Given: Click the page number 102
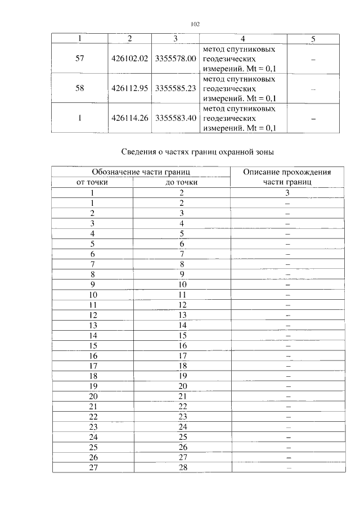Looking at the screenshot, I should tap(195, 24).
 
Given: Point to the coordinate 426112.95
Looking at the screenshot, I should tap(129, 89).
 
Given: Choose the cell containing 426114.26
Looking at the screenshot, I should tap(129, 119).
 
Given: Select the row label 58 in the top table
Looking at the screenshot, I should tap(80, 89).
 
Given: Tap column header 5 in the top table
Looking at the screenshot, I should tap(313, 39).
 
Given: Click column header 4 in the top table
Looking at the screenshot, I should tap(242, 39).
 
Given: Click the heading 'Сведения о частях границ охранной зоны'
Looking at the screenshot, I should tap(197, 152).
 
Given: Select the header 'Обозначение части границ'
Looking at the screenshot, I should tap(141, 172).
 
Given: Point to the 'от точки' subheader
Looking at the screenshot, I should tap(92, 182).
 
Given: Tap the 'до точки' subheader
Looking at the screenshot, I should tap(182, 182).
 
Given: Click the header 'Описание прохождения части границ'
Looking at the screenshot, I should tap(286, 177).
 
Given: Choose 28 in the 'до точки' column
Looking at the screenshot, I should tap(182, 467).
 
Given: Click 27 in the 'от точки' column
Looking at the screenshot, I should tap(93, 467).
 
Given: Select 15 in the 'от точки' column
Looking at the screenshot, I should tap(93, 346).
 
